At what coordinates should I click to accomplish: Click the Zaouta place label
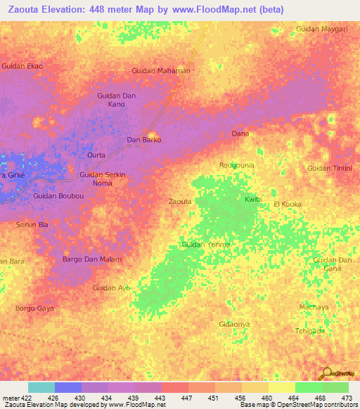180,202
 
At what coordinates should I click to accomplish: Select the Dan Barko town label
143,140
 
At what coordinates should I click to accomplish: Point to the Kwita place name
253,200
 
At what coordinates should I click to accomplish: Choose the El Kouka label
287,204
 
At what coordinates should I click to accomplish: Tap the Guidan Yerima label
206,244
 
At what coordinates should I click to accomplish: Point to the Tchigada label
310,331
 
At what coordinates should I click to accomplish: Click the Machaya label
314,307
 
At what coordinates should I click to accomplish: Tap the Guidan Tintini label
329,168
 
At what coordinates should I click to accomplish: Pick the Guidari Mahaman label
161,71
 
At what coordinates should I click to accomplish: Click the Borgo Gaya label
34,309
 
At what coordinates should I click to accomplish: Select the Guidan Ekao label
22,66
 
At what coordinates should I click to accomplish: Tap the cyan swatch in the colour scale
41,387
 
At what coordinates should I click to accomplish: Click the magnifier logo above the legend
326,373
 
